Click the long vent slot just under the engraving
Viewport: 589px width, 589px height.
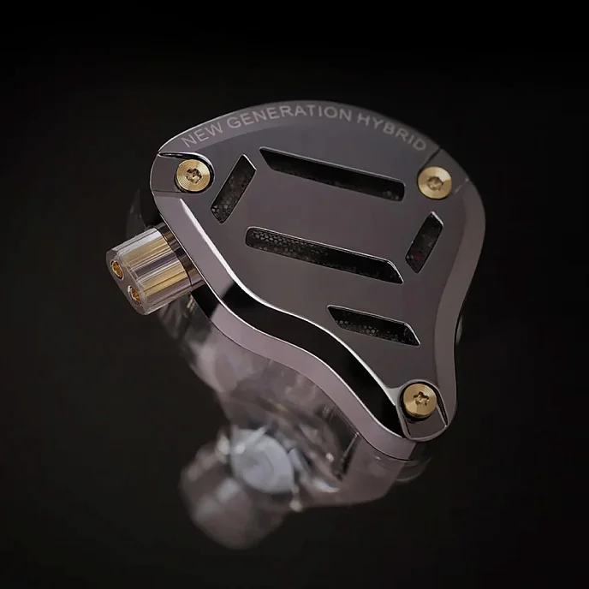pos(331,174)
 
